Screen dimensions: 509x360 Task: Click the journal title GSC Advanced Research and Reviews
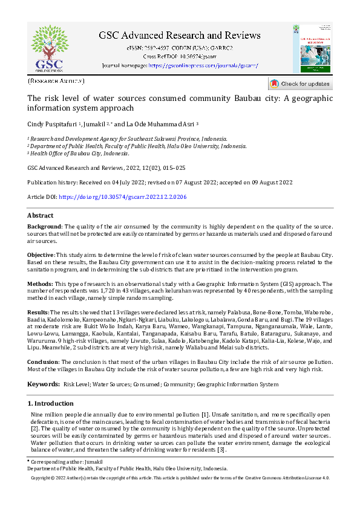[x=180, y=35]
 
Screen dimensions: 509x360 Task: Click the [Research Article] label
[x=56, y=80]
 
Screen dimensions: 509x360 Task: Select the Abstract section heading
[x=41, y=216]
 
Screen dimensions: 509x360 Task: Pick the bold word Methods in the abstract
[x=40, y=283]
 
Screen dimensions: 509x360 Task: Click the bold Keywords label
[x=42, y=384]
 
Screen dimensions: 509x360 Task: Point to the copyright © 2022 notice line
[x=180, y=478]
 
